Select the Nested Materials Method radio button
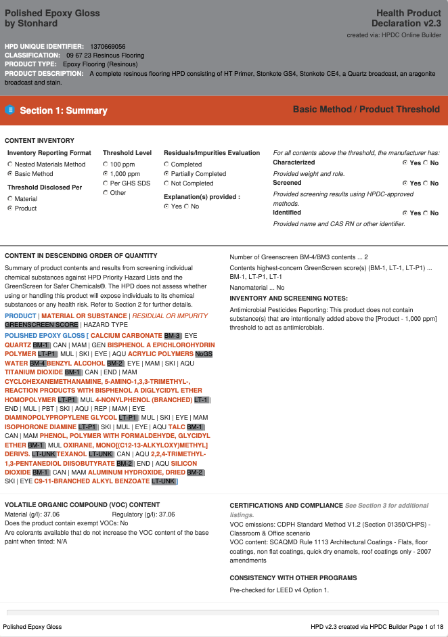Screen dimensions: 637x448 click(x=10, y=164)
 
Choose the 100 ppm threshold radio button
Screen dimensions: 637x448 click(x=106, y=164)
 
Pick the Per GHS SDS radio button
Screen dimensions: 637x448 click(x=106, y=183)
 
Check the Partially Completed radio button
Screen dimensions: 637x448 click(x=166, y=174)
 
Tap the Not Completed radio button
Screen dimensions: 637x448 click(x=166, y=183)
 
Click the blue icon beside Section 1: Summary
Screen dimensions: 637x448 click(x=9, y=110)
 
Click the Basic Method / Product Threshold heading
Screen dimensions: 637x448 click(x=366, y=109)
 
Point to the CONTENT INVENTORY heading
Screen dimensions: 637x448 click(x=39, y=141)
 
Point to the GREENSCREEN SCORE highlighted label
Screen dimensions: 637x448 click(x=41, y=325)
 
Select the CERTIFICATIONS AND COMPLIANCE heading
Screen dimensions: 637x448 click(x=286, y=506)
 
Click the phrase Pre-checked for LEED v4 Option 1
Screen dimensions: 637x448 click(x=279, y=590)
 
